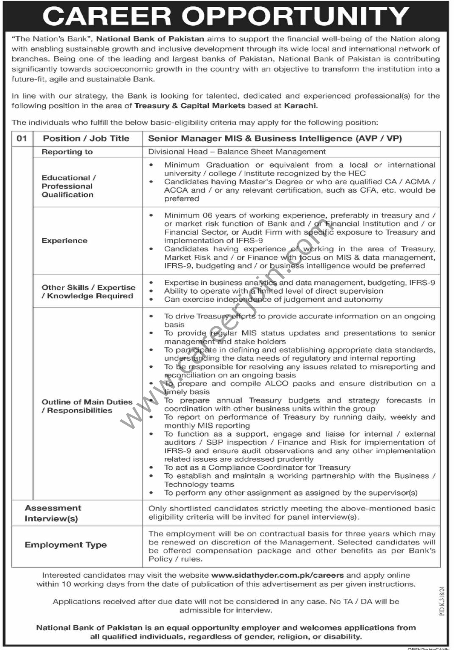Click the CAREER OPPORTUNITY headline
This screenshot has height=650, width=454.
[226, 16]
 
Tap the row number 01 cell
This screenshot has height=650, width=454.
[22, 138]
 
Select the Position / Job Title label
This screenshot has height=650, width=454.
[86, 138]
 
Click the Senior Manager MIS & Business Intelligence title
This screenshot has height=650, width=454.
[275, 138]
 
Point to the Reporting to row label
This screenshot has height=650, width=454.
[67, 152]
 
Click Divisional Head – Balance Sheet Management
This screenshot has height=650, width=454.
[237, 151]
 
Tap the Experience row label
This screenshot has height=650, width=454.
[64, 240]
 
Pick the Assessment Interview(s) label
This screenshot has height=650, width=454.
[53, 513]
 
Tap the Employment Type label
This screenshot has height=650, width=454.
[66, 545]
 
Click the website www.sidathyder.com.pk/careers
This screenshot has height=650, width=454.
[277, 575]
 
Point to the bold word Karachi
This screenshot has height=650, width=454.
[300, 106]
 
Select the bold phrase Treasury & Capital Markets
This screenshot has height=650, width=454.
[190, 106]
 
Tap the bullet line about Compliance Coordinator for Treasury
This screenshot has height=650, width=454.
[257, 468]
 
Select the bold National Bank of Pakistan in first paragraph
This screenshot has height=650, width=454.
[150, 39]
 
